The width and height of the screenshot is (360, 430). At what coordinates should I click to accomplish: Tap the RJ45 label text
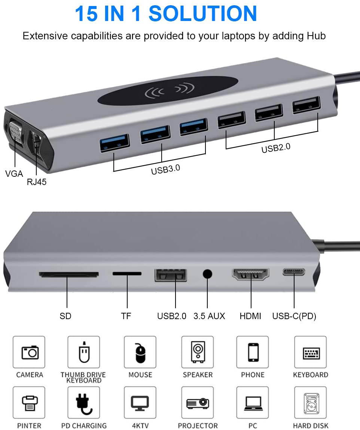tap(37, 182)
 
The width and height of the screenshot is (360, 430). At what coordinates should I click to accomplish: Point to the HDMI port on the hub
tap(250, 275)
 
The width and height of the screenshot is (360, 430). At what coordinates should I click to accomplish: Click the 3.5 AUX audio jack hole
tap(207, 274)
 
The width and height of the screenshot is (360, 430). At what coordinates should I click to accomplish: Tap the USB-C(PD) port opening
tap(294, 272)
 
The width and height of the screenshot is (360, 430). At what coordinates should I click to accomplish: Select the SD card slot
tap(68, 275)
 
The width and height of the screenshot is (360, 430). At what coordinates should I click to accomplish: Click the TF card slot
tap(127, 274)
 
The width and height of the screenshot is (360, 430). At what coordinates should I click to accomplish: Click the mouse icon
tap(140, 352)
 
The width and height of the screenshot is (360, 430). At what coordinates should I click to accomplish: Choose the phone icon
tap(253, 352)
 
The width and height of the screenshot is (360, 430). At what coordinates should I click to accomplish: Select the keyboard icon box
tap(311, 352)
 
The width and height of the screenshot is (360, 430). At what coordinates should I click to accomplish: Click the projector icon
tap(198, 403)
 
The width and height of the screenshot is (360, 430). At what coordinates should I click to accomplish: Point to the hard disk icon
tap(311, 403)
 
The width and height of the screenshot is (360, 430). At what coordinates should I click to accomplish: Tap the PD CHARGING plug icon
tap(83, 403)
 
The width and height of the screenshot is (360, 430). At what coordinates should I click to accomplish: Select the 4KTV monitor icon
tap(140, 403)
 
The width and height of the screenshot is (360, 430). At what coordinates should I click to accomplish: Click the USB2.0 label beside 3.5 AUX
tap(171, 316)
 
